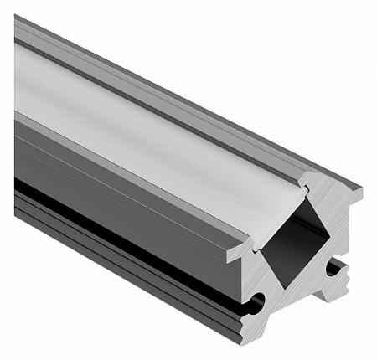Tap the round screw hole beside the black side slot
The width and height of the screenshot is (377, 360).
pos(256,301)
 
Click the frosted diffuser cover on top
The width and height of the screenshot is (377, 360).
pos(151,126)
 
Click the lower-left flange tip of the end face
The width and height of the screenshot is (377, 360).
pos(237,252)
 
